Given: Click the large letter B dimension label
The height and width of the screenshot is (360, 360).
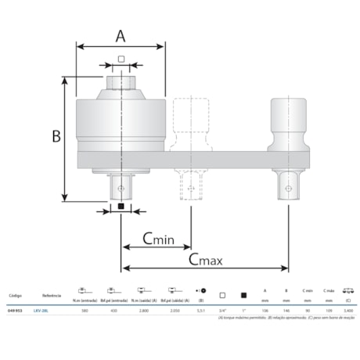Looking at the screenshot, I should tap(56, 136).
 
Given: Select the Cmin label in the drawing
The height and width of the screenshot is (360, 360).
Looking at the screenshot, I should tap(159, 238).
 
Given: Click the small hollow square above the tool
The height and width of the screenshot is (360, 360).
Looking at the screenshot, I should tap(121, 59).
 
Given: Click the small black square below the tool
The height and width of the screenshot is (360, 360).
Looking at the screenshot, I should tap(121, 207).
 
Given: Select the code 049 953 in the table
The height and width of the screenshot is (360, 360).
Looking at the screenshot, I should tap(15, 310).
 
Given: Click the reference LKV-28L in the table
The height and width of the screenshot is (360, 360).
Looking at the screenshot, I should tap(51, 310).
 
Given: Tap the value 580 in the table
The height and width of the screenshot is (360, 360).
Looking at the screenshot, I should tap(84, 310).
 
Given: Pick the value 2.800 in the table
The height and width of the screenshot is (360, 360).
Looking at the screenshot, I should tap(143, 310).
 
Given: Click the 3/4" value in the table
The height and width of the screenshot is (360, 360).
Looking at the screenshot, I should tap(223, 310).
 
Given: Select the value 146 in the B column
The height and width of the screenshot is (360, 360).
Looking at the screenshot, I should tap(286, 310).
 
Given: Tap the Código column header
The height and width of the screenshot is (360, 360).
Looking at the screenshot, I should tap(15, 297).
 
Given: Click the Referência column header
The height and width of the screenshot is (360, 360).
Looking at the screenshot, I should tap(52, 297).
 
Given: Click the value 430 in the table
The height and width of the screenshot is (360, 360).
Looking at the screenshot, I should tap(113, 310).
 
